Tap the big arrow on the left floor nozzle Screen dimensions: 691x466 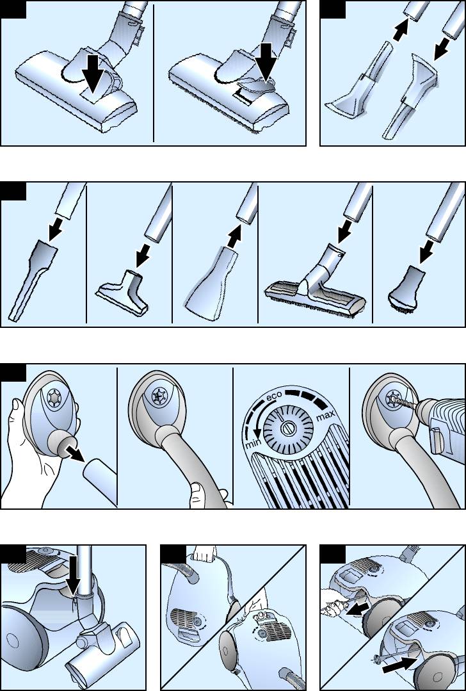[x=97, y=72]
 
